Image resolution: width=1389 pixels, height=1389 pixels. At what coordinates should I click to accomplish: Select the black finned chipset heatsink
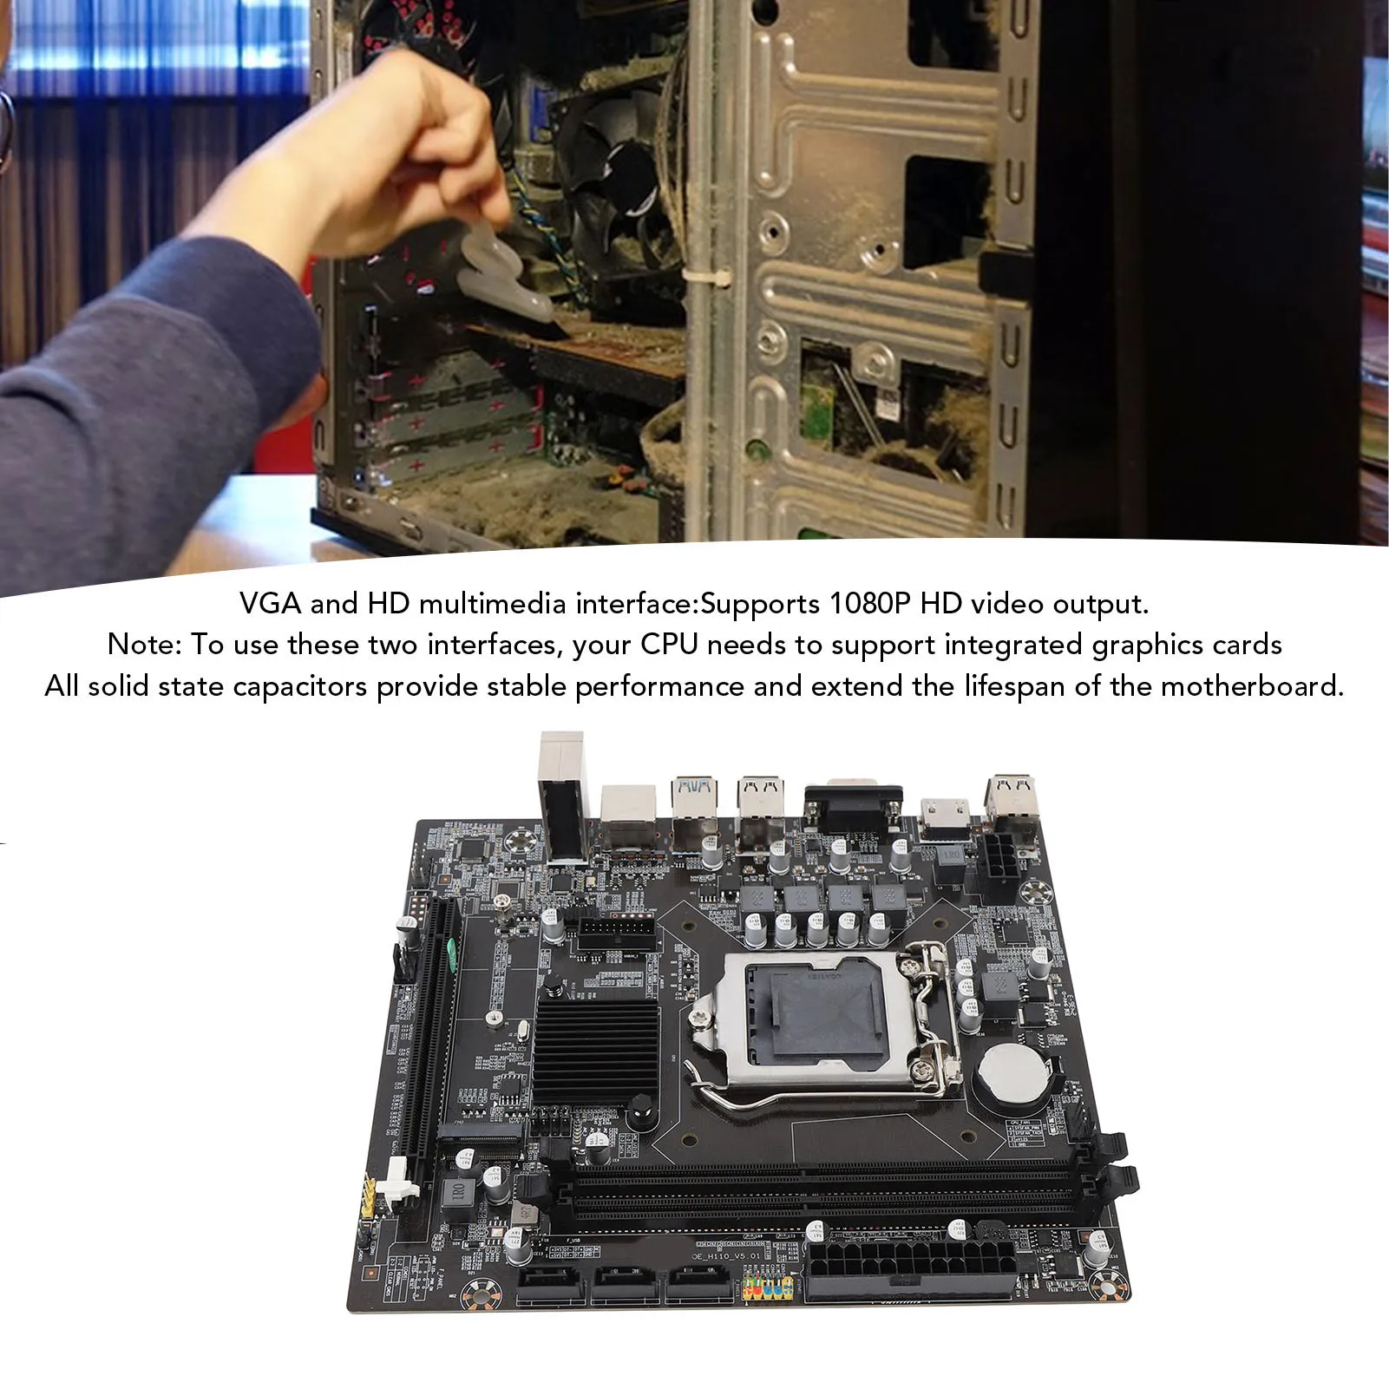pyautogui.click(x=596, y=1038)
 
